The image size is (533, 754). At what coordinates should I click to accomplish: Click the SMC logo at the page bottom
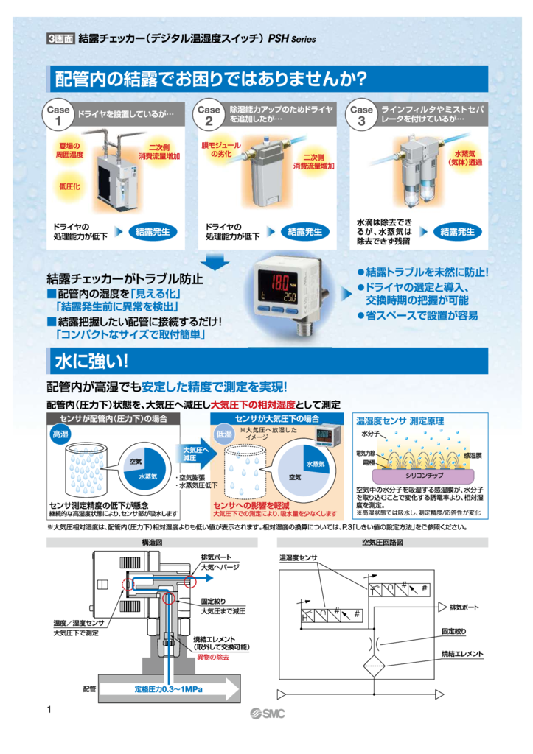267,713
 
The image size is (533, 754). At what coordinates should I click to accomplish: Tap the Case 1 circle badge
58,116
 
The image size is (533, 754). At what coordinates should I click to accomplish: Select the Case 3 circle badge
361,116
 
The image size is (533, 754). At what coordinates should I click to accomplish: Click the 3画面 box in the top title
60,39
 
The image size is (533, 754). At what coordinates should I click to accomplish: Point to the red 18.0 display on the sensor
280,282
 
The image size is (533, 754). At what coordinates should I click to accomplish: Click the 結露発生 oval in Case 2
304,232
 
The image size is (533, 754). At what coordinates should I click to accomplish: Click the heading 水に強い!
91,361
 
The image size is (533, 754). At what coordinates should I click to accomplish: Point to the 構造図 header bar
152,543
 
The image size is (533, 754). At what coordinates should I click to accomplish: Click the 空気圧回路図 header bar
381,543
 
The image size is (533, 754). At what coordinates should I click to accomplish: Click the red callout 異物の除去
213,656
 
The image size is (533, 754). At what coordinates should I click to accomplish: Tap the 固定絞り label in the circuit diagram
453,631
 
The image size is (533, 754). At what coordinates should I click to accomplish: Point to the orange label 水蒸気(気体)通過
465,157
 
